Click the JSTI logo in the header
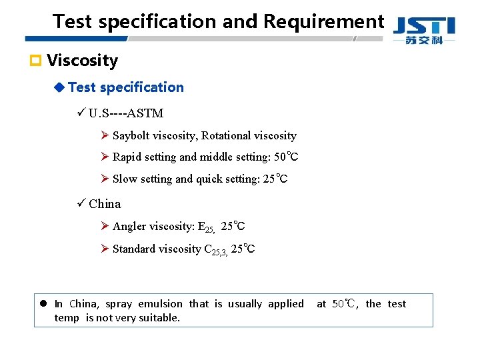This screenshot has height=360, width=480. (424, 31)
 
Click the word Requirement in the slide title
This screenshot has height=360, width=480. (323, 21)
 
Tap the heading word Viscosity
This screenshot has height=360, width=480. (82, 61)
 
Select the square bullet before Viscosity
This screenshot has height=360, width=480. (37, 61)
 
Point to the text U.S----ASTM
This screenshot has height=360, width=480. (125, 113)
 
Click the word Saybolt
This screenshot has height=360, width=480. (131, 135)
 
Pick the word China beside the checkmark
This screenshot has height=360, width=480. (105, 203)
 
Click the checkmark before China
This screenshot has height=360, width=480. (81, 203)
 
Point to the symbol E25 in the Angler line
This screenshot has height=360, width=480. (206, 227)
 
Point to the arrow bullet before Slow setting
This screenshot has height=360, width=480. (104, 179)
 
